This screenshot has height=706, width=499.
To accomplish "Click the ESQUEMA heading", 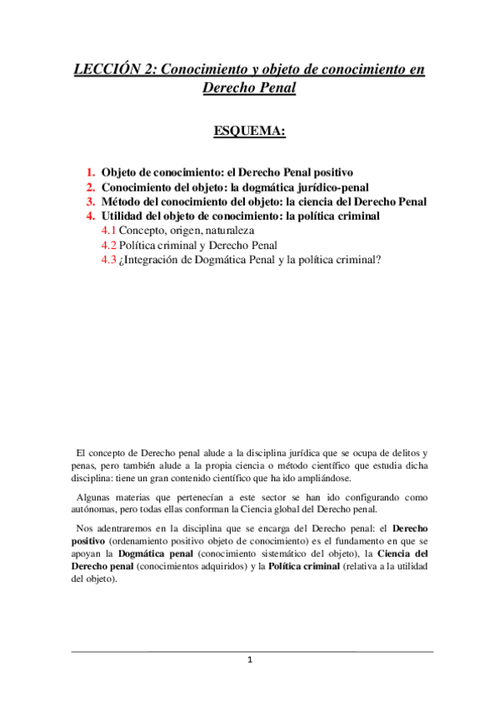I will (x=249, y=132).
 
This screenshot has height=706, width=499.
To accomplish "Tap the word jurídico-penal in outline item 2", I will (x=326, y=187).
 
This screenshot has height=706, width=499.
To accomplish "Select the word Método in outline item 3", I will (x=123, y=201).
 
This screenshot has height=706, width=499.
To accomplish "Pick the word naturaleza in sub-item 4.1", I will (x=227, y=231).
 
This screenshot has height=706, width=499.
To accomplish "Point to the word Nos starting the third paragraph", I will (x=83, y=528).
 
